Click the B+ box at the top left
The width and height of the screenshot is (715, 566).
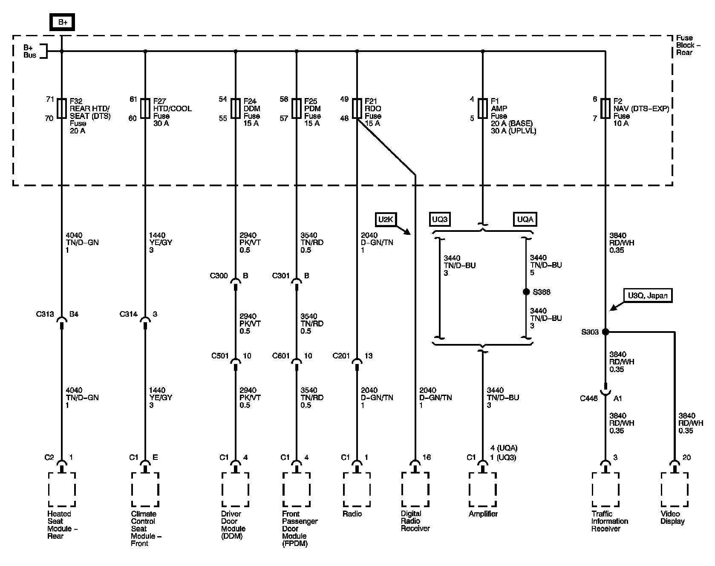coord(63,22)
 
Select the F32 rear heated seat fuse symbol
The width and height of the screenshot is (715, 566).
coord(62,108)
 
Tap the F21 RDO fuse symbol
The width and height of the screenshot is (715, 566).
coord(357,108)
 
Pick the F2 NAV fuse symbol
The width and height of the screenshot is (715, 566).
coord(605,108)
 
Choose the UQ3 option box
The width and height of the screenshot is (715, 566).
coord(440,219)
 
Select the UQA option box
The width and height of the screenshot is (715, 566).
coord(525,219)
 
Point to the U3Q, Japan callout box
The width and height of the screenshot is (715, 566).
coord(648,295)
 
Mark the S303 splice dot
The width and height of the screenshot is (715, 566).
coord(605,332)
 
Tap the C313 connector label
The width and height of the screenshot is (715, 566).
coord(45,315)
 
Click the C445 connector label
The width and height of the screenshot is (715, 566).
coord(589,399)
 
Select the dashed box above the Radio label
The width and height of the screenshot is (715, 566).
coord(357,489)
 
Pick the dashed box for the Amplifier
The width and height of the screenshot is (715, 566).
coord(482,489)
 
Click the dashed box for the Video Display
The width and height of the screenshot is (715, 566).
coord(674,489)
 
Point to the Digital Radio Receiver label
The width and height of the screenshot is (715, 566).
coord(415,521)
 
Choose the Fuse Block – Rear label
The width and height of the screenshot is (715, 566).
coord(685,45)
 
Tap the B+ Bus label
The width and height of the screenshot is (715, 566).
coord(30,52)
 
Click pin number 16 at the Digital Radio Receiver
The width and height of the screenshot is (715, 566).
coord(427,457)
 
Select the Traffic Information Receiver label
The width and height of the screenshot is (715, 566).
coord(609,521)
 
